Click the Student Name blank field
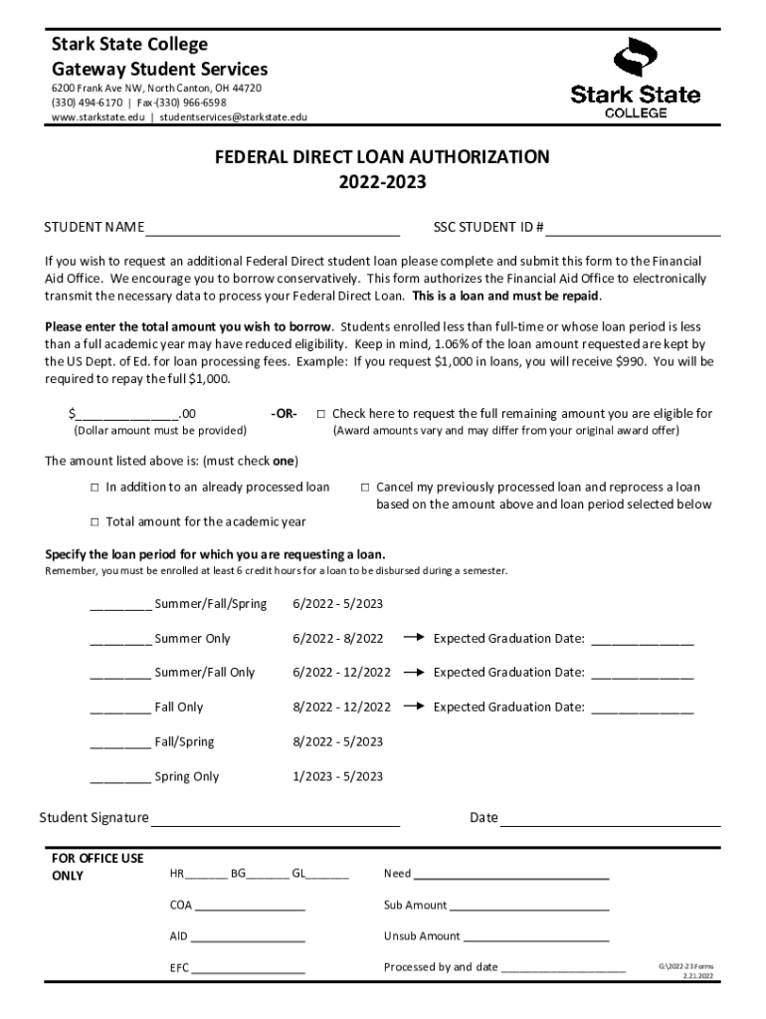point(273,227)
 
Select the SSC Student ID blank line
point(633,227)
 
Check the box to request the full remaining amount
point(321,414)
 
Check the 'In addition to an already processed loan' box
point(96,488)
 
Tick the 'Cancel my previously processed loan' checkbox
point(365,488)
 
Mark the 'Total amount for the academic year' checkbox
point(96,522)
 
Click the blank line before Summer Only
point(120,639)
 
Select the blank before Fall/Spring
point(120,742)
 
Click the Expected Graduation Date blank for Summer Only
point(643,640)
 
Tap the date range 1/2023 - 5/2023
point(338,776)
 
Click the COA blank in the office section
point(250,907)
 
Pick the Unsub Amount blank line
point(536,936)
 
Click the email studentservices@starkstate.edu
point(234,116)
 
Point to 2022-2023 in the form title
point(383,182)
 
